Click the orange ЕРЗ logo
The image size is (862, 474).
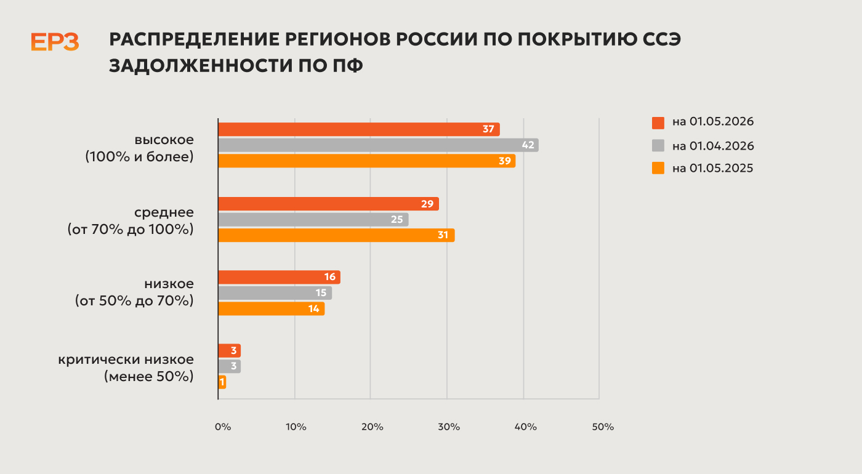coord(55,42)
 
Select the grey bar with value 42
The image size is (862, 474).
coord(378,145)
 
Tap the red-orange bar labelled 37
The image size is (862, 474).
coord(359,129)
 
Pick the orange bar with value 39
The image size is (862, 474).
coord(367,161)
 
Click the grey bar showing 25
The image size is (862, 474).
coord(313,220)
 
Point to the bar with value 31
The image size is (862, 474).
coord(336,235)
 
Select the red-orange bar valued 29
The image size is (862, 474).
coord(329,204)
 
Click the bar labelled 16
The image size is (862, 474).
coord(280,277)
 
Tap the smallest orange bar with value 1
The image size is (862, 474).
coord(222,382)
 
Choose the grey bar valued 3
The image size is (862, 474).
coord(229,366)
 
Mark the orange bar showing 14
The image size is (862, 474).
coord(272,308)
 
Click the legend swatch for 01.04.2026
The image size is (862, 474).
coord(658,145)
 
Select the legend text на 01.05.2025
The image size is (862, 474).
coord(713,168)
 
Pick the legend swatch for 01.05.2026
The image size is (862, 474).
coord(658,123)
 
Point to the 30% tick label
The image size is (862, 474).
coord(449,427)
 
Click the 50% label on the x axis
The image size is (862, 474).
coord(603,427)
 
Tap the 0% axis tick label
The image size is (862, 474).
coord(223,427)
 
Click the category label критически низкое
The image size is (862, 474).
coord(126,360)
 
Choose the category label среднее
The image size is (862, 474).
coord(164,212)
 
